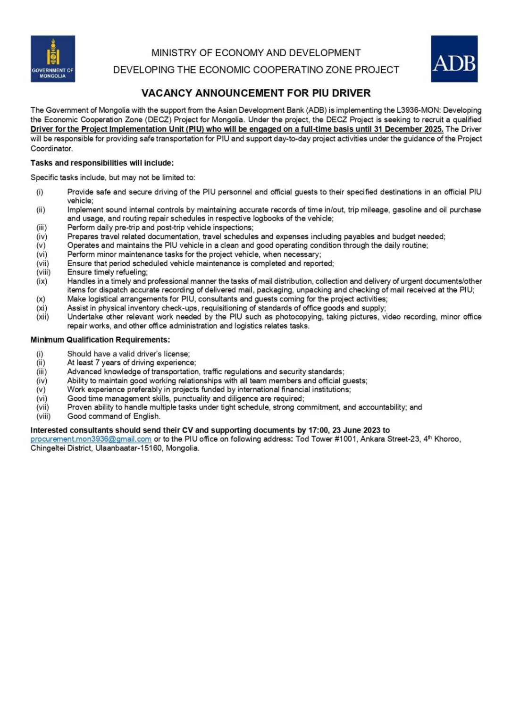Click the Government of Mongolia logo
(x=52, y=59)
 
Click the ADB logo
(x=454, y=59)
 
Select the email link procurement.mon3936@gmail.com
(x=91, y=439)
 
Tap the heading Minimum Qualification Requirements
(x=100, y=340)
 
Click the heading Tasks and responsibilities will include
(x=102, y=163)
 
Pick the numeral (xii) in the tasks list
(x=42, y=317)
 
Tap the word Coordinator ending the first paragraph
(x=51, y=148)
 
